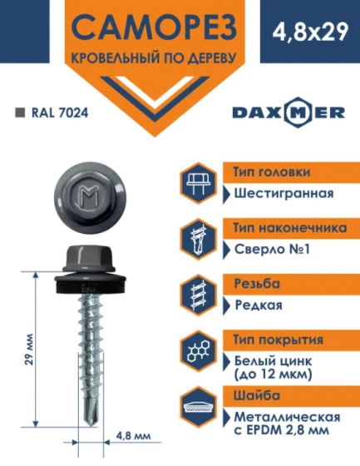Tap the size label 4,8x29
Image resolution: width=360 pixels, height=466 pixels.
tap(306, 33)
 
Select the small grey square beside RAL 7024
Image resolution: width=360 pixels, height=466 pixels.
tap(20, 111)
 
